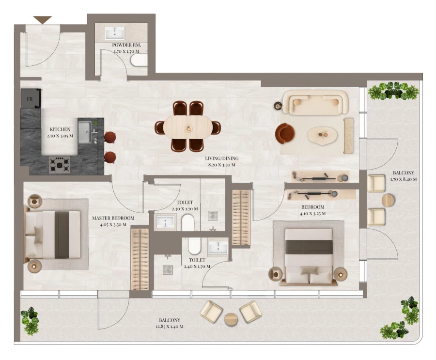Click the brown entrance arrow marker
(43, 20)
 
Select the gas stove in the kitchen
(59, 164)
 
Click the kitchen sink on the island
(85, 132)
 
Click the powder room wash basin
(115, 33)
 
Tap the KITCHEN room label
(60, 130)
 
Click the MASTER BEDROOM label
(113, 218)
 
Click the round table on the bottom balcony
(231, 319)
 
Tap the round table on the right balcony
(389, 200)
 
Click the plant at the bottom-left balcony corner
(30, 320)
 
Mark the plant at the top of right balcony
(393, 91)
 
